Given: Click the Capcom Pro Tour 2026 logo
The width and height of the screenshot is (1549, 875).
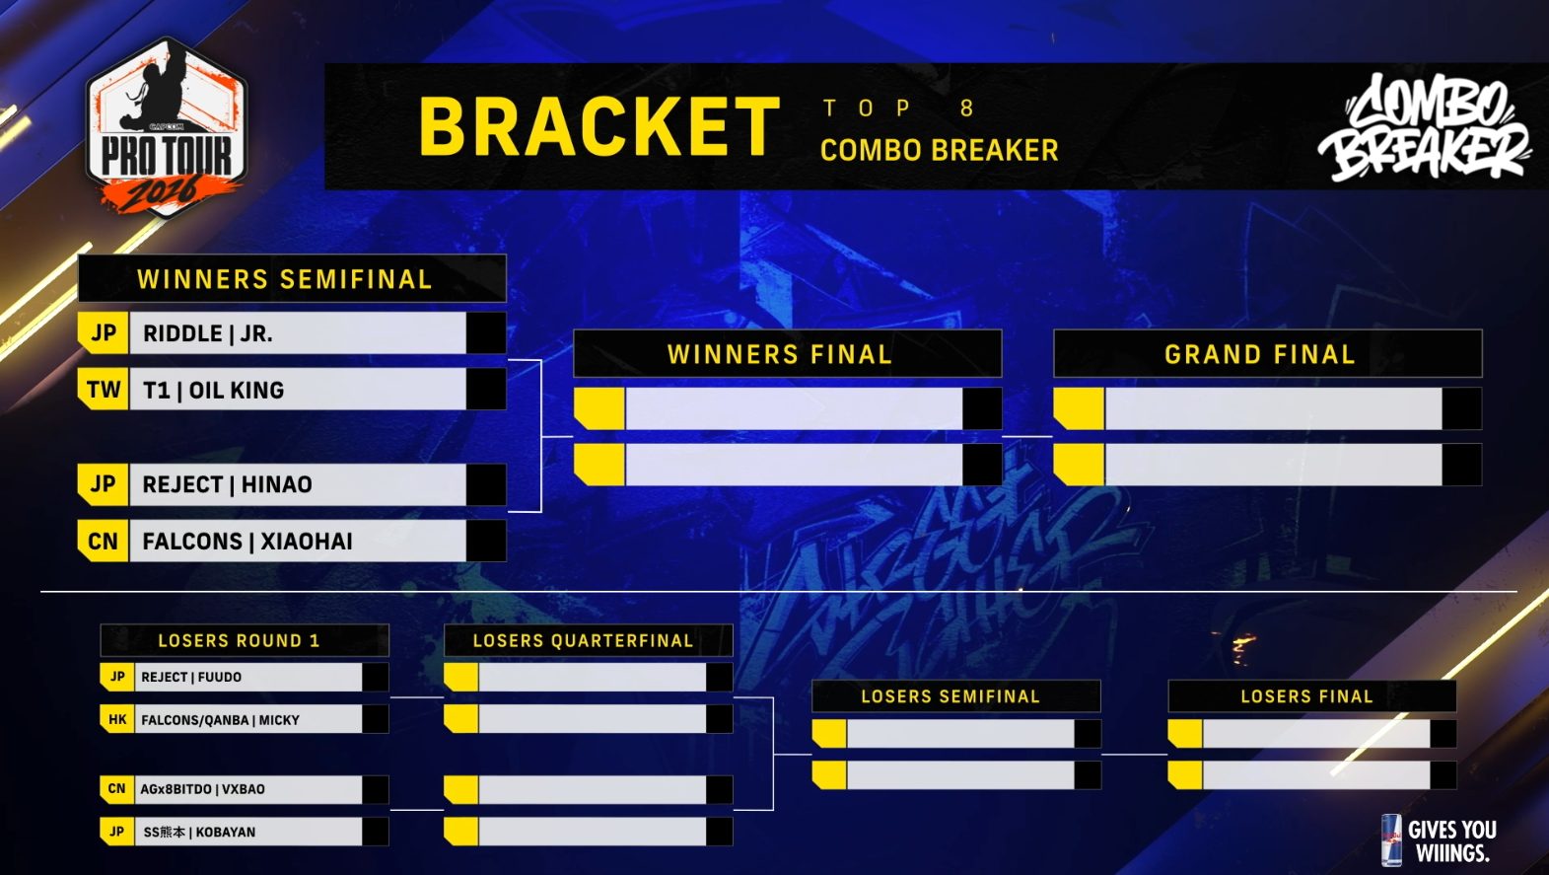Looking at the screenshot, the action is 166,128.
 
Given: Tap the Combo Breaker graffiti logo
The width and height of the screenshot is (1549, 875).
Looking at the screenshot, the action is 1425,128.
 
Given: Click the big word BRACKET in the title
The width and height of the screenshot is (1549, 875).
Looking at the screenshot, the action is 599,126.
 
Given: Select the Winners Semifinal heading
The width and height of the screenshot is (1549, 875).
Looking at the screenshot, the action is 284,279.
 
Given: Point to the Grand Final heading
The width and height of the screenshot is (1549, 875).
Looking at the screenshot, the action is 1259,355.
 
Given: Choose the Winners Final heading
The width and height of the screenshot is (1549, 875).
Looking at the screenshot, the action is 780,355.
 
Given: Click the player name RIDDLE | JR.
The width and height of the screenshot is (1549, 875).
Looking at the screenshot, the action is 207,334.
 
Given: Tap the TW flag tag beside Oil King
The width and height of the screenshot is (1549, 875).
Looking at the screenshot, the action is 103,390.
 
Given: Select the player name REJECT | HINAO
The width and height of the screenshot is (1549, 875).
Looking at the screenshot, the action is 228,484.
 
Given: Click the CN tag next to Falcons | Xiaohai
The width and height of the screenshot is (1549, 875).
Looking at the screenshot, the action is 103,541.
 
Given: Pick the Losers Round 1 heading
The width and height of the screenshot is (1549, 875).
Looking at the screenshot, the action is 239,641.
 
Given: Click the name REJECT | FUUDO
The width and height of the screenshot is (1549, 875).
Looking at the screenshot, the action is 191,677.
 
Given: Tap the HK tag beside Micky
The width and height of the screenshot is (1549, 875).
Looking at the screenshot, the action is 117,719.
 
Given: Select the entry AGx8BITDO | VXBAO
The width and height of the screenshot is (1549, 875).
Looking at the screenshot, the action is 202,789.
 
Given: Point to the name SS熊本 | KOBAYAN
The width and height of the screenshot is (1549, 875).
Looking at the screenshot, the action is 199,833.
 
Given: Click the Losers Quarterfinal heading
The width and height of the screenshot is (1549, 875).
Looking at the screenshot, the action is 583,641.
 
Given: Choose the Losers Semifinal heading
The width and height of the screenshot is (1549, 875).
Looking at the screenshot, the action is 951,696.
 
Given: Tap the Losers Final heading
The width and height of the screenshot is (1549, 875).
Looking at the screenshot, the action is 1307,696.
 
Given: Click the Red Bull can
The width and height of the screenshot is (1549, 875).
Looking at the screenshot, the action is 1391,840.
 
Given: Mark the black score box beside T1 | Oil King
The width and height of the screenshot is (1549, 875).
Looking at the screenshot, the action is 486,390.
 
